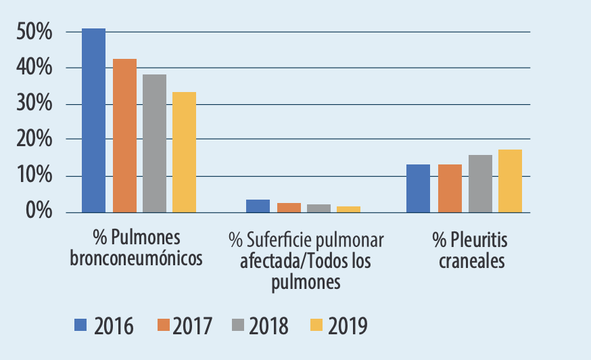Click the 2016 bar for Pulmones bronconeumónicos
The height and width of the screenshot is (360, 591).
[94, 120]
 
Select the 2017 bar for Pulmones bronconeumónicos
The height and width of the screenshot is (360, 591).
[124, 135]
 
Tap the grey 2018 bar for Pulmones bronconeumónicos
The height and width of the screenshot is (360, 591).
[154, 143]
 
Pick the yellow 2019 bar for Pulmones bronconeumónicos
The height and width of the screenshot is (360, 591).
[184, 152]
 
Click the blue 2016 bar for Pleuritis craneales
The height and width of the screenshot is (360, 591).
[418, 188]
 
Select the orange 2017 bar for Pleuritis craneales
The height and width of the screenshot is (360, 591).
[450, 188]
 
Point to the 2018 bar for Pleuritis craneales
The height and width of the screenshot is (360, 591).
[480, 183]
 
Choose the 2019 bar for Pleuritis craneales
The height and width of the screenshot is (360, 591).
[511, 181]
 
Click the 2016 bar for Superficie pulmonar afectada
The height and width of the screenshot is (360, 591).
[258, 206]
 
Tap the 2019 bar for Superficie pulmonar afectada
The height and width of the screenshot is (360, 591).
[348, 209]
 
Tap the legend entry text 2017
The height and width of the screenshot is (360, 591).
[193, 326]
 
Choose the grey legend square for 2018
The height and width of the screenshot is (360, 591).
[239, 325]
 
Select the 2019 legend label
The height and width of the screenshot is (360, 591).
[348, 326]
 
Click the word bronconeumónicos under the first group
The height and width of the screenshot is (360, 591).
[136, 259]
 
